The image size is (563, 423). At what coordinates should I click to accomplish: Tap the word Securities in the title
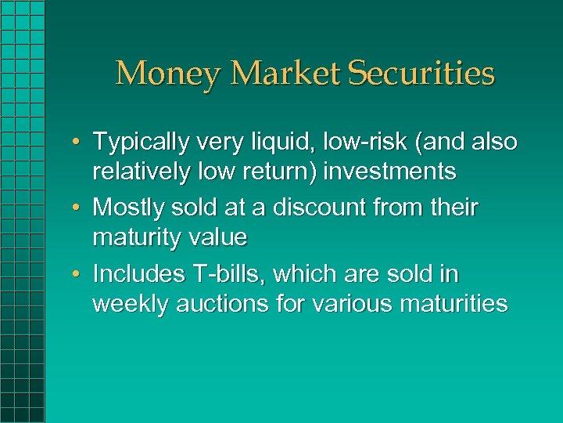(421, 74)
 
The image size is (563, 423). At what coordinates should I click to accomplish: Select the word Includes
(139, 274)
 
